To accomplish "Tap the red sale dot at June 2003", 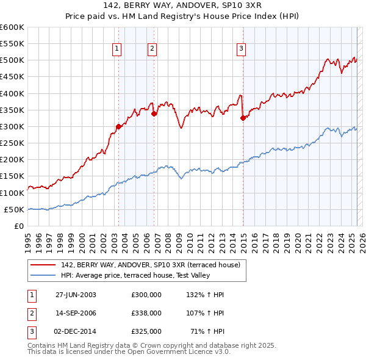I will pyautogui.click(x=118, y=127).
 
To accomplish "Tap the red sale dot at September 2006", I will pyautogui.click(x=154, y=113).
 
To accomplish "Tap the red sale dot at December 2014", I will pyautogui.click(x=243, y=118).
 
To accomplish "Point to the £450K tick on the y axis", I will pyautogui.click(x=12, y=77).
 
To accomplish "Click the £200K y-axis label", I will pyautogui.click(x=12, y=160).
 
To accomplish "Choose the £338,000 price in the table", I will pyautogui.click(x=146, y=313).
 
